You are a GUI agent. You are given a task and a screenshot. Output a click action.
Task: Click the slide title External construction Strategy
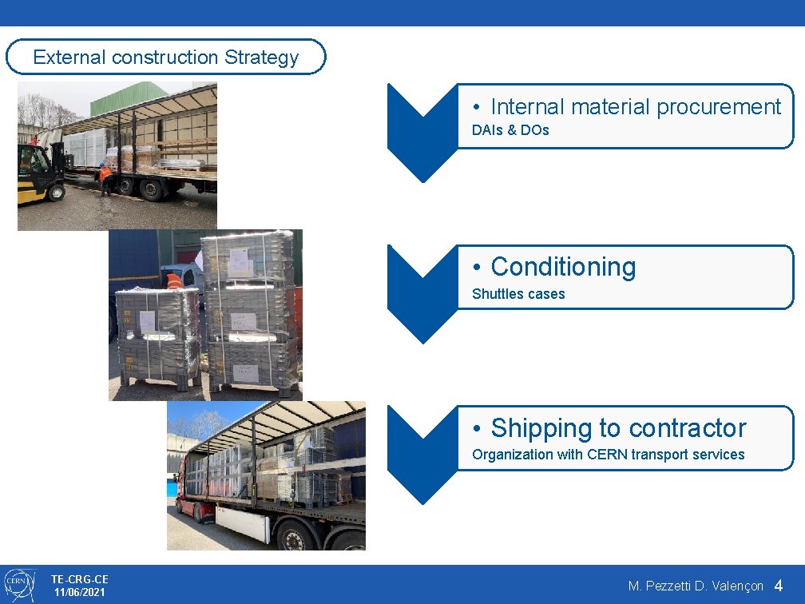[165, 58]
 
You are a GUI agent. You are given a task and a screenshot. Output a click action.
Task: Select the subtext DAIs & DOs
[510, 130]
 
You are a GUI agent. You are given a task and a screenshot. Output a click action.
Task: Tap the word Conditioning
[563, 267]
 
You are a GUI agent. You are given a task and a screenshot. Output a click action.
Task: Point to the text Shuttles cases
[518, 294]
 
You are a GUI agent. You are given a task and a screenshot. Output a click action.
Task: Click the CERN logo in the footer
[19, 585]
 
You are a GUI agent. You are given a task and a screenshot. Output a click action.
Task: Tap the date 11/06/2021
[79, 592]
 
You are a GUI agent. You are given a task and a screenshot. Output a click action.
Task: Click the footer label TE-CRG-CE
[79, 578]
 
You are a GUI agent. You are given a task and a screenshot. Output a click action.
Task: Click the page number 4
[779, 586]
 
